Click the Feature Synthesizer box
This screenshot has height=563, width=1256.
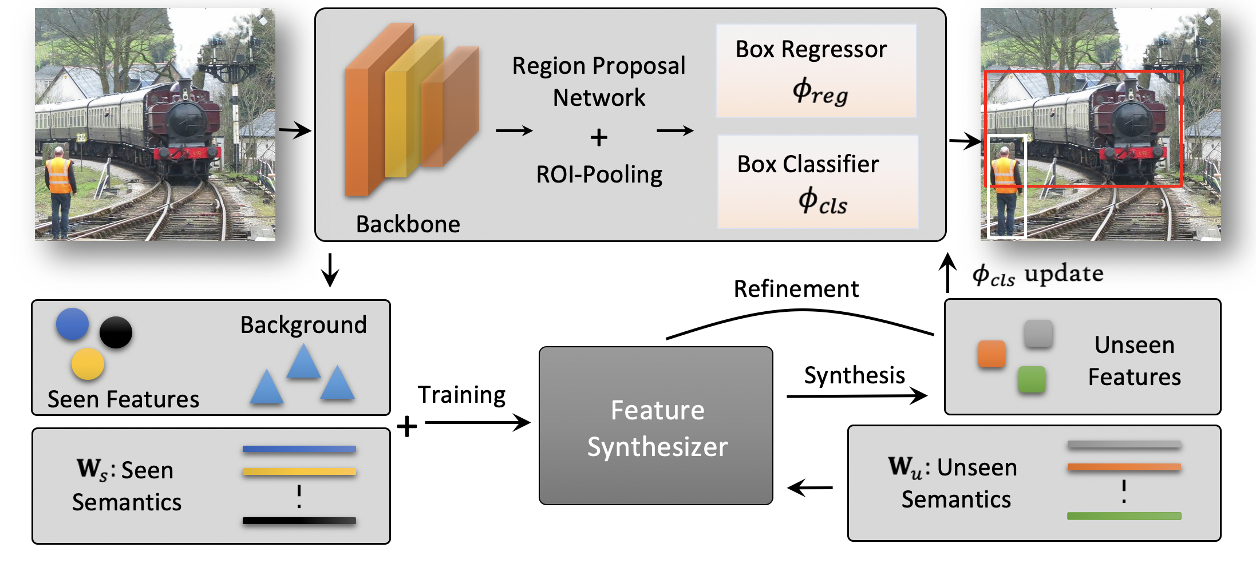(x=656, y=426)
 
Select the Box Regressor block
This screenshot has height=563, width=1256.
(x=816, y=71)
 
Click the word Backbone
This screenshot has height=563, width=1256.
(x=408, y=224)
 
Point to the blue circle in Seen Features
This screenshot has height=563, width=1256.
(x=73, y=324)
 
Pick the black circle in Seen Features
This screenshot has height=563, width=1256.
(x=116, y=332)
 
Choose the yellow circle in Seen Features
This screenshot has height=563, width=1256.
(x=88, y=364)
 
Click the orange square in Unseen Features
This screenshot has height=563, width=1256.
(x=992, y=354)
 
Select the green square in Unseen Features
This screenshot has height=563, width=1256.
(x=1032, y=379)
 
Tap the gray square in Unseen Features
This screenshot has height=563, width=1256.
(x=1038, y=334)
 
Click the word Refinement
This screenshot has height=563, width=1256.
(x=796, y=290)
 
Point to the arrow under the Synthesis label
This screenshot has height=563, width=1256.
(x=856, y=395)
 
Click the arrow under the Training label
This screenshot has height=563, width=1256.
(x=477, y=423)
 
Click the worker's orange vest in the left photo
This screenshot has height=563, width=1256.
(x=60, y=176)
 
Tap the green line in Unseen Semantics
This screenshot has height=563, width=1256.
(x=1124, y=516)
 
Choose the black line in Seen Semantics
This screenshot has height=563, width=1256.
(x=299, y=521)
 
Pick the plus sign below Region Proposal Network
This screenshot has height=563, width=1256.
(x=599, y=137)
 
